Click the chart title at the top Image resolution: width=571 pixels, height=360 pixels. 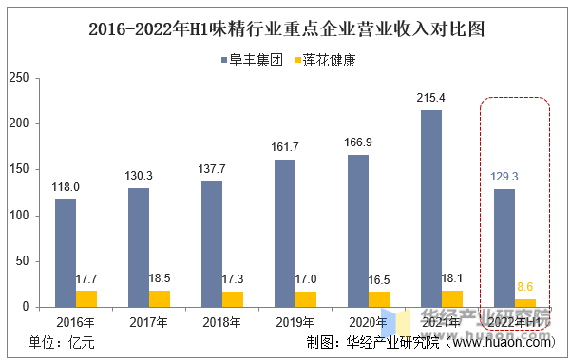285,28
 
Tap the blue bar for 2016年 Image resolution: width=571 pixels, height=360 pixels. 66,253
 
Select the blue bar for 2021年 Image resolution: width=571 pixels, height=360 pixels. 430,208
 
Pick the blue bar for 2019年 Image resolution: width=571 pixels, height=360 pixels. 284,233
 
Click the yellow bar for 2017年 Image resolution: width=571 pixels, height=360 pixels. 160,298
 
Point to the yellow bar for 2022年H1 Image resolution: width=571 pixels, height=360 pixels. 525,303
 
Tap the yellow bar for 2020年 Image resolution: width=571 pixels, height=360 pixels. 379,299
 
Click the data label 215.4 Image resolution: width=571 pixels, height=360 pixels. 430,98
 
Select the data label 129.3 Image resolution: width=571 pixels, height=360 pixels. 504,177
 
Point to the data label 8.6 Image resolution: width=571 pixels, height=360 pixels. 525,286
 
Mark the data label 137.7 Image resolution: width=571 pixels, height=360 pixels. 211,168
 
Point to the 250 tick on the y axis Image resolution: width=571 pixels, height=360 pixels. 19,78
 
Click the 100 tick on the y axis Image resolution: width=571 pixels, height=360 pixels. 19,216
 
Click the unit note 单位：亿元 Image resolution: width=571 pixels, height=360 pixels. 62,343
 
